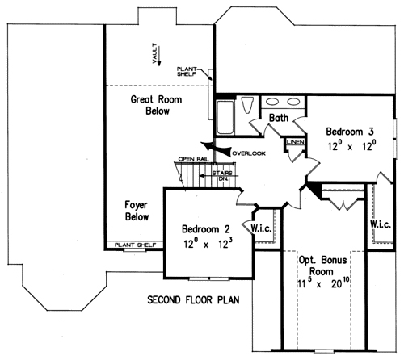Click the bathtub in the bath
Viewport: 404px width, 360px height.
click(x=225, y=117)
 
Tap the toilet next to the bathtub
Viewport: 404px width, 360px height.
click(x=247, y=105)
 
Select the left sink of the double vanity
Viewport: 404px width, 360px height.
click(x=272, y=102)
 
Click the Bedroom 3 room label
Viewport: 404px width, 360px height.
click(x=350, y=132)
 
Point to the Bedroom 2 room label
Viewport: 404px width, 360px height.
click(x=206, y=229)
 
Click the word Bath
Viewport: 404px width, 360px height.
click(x=279, y=118)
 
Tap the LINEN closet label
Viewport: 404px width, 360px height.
click(x=296, y=142)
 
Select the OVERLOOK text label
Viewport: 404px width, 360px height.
click(x=249, y=153)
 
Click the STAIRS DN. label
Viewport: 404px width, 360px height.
click(x=222, y=176)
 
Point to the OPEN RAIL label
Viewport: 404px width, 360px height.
click(x=193, y=159)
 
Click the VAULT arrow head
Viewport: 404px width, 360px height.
click(x=159, y=63)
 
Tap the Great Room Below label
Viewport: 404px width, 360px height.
click(x=157, y=105)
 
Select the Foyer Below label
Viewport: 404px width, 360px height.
click(x=137, y=211)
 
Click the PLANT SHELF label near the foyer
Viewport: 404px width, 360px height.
click(x=135, y=245)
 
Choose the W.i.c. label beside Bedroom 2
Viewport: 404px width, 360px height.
click(x=261, y=228)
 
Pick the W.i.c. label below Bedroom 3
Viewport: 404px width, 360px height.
click(x=381, y=224)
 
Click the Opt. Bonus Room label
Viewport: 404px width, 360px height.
click(x=322, y=266)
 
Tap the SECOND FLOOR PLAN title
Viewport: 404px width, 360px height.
click(x=193, y=299)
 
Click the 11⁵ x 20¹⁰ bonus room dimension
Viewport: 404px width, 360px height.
click(x=323, y=283)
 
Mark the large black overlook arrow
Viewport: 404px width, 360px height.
click(x=216, y=148)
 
